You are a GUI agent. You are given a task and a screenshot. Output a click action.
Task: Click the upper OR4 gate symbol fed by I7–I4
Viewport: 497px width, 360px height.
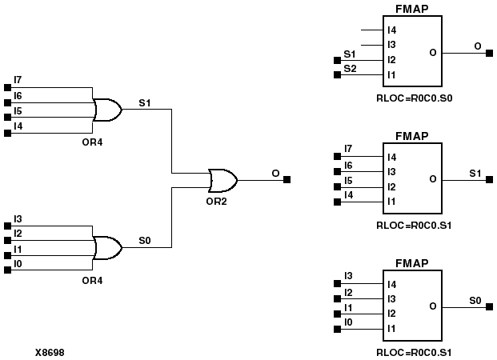coord(106,110)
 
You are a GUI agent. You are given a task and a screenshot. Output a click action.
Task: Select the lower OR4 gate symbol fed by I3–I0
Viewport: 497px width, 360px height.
coord(106,248)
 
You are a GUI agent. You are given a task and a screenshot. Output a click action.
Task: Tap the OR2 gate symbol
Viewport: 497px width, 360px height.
coord(221,179)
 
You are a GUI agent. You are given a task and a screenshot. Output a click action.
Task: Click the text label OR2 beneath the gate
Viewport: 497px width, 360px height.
coord(215,201)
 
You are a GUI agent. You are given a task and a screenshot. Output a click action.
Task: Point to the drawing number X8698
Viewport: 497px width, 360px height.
coord(50,351)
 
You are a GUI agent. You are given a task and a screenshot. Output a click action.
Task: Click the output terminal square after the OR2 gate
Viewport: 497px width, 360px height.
coord(287,179)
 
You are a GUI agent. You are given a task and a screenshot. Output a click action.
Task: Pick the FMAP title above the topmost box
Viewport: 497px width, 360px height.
coord(411,9)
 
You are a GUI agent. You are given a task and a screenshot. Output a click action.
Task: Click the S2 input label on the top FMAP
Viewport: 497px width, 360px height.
coord(350,70)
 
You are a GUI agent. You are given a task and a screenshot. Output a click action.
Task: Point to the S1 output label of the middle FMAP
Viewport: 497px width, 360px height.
coord(475,172)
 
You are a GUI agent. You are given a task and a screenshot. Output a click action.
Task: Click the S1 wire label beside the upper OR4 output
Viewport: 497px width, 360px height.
coord(145,102)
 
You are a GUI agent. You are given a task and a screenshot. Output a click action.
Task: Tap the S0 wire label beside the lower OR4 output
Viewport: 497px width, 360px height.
coord(145,240)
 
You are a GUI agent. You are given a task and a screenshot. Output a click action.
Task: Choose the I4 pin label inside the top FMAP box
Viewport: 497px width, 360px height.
coord(392,30)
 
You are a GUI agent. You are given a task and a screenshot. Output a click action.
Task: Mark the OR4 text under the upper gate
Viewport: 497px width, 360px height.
coord(93,142)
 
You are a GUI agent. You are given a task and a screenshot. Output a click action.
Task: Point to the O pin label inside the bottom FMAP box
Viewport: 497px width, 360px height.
coord(432,306)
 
